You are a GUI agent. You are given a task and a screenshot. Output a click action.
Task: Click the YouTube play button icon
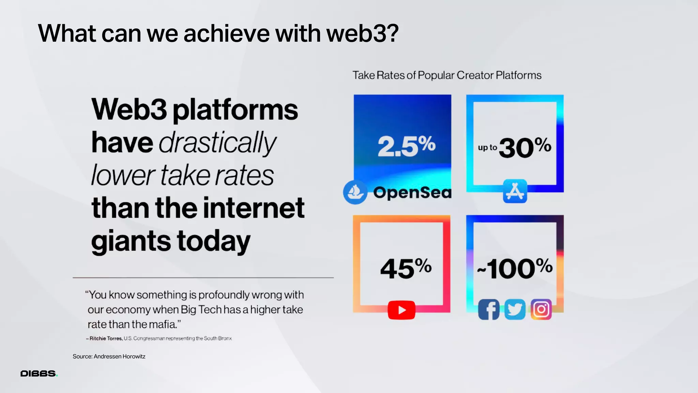coord(401,310)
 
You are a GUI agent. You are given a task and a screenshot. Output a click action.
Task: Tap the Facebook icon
coord(488,310)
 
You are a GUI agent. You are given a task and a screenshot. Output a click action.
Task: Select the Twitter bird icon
coord(515,310)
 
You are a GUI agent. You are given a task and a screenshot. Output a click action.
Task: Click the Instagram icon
coord(541,309)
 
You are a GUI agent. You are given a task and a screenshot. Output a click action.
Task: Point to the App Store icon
coord(515,191)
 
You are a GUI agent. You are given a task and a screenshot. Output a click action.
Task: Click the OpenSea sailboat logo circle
coord(355,192)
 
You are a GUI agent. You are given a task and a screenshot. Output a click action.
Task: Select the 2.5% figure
coord(406,146)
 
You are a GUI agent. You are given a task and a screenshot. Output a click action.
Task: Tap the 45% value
coord(406,268)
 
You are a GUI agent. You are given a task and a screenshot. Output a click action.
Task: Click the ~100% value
coord(515,268)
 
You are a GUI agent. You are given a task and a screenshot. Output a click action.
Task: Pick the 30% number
coord(525,147)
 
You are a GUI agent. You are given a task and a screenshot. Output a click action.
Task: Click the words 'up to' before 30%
coord(487,148)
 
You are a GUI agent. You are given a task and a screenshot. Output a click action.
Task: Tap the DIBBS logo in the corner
coord(39,374)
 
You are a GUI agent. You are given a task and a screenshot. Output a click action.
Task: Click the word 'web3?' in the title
coord(362,33)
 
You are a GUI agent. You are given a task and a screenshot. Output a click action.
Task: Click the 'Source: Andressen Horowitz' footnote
coord(109,356)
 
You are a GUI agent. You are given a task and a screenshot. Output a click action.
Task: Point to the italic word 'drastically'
coord(217,143)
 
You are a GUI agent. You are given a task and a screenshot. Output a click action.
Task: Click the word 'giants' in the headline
coord(131,241)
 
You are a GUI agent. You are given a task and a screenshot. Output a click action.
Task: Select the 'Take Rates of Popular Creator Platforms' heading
coord(447,75)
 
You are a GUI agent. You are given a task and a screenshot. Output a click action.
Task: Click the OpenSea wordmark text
coord(412,193)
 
